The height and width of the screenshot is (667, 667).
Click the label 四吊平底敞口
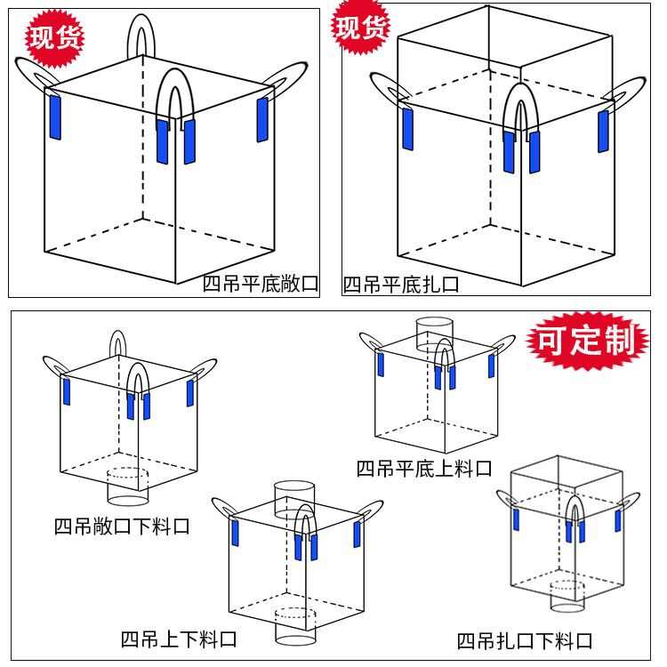coord(260,284)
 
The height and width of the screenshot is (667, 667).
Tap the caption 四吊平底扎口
coord(401,285)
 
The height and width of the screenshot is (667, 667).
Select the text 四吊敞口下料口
coord(122,526)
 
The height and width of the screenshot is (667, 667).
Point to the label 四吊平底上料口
coord(423,468)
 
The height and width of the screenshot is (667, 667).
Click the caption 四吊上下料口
coord(179,639)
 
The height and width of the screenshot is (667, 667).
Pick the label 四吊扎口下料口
coord(524,640)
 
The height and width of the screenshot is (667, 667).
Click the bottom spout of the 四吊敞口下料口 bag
coord(126,485)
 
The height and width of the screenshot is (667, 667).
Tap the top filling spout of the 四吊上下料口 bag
coord(293,498)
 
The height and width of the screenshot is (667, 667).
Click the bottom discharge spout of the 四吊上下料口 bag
coord(294,626)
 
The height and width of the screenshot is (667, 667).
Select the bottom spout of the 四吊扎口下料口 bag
coord(568,595)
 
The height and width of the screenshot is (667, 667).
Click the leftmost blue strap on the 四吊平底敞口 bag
coord(53,113)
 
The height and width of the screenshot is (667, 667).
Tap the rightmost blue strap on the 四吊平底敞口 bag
coord(262,119)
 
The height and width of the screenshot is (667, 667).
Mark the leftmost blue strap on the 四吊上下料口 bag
coord(236,534)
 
